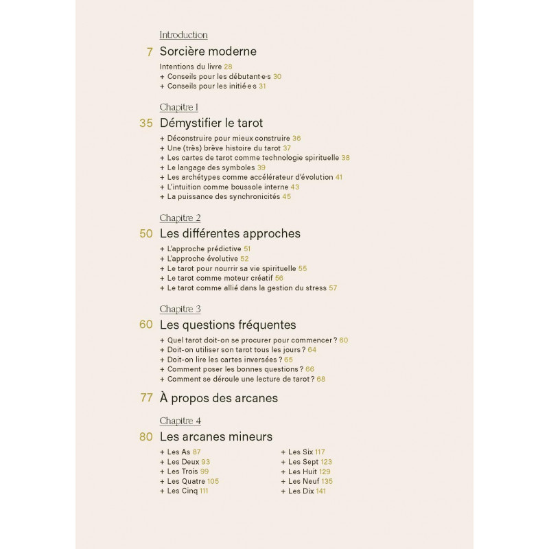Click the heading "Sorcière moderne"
[208, 51]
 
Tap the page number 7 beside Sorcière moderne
[149, 52]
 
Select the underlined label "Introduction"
[183, 35]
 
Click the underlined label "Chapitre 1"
[179, 107]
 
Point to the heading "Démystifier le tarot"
[211, 124]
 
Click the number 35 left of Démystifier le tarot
[145, 124]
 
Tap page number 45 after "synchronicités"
[287, 196]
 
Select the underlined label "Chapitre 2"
[180, 218]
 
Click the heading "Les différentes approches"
[230, 233]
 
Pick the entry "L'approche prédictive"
[204, 249]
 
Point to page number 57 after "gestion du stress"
[333, 288]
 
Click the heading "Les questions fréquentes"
[228, 325]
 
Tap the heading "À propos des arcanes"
[219, 398]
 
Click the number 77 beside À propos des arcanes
[145, 398]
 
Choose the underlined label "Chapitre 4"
[180, 421]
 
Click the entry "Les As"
[178, 452]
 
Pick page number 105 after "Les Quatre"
[213, 481]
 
